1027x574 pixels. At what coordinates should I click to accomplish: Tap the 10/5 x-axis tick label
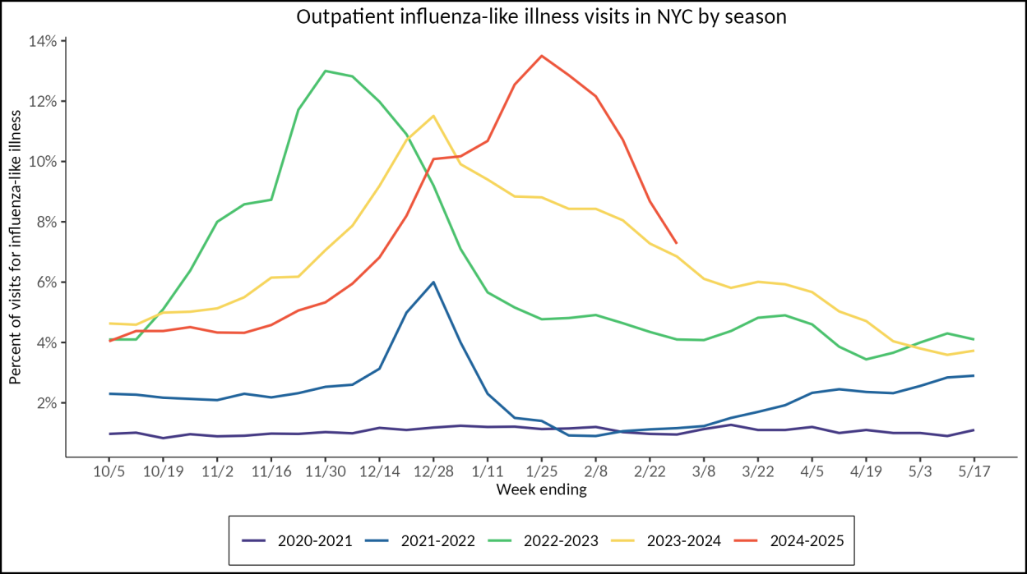click(109, 473)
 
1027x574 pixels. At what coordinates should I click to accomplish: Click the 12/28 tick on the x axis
click(433, 473)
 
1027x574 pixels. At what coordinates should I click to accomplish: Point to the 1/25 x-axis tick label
click(541, 473)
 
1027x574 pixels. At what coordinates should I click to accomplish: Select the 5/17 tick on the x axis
click(974, 473)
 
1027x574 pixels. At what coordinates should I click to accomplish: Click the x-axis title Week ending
click(541, 490)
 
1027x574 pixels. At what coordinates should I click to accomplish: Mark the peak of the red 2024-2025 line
click(541, 56)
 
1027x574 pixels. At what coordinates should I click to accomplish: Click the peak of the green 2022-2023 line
click(326, 71)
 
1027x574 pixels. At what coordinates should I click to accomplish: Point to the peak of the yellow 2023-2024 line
click(433, 116)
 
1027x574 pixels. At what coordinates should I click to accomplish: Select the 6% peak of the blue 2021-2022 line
click(433, 282)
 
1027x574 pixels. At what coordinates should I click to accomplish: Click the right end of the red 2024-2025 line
click(676, 243)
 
